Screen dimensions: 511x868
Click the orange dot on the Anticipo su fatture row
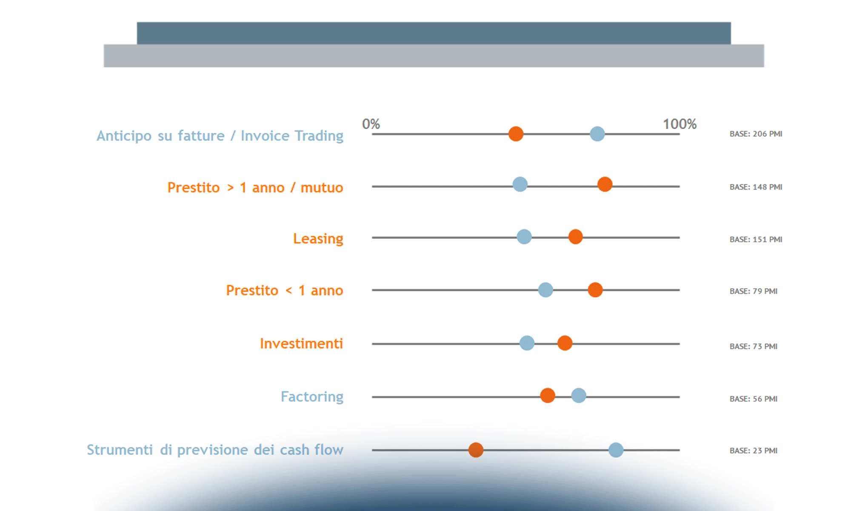click(516, 134)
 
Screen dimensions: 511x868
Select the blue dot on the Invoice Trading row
click(597, 134)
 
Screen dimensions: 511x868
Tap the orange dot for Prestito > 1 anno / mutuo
click(605, 184)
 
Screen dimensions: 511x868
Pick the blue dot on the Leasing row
click(524, 237)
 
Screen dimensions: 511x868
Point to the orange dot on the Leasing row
click(575, 237)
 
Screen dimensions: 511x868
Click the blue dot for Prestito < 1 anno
click(545, 290)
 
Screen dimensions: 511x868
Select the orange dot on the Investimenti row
click(565, 343)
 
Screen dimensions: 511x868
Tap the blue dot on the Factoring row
click(578, 396)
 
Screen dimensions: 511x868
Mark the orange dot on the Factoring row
click(548, 396)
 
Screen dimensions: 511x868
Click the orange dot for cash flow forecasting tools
click(476, 450)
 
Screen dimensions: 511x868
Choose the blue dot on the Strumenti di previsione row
click(616, 450)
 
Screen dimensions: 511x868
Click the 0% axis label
click(371, 124)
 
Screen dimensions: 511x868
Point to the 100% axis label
click(680, 124)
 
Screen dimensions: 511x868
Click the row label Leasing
click(318, 238)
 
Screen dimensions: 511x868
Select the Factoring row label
click(312, 397)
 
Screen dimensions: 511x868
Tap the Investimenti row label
click(301, 343)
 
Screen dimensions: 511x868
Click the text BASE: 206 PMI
click(756, 134)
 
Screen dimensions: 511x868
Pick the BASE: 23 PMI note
click(753, 451)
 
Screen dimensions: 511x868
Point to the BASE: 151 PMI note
click(756, 239)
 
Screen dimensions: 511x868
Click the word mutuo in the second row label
click(322, 187)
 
